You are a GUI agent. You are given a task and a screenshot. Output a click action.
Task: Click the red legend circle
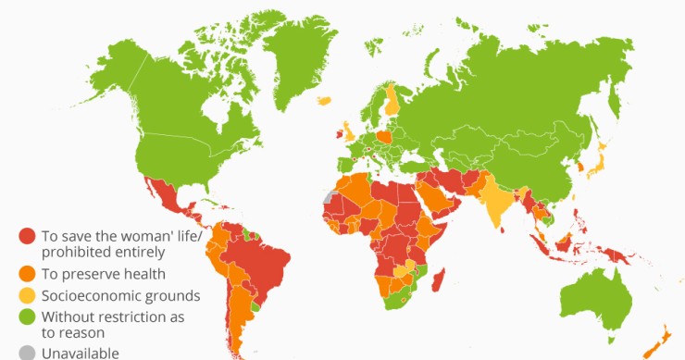[x=27, y=237]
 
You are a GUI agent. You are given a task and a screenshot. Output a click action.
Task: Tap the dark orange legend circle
[x=27, y=273]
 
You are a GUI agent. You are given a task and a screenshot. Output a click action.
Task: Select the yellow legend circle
[x=27, y=296]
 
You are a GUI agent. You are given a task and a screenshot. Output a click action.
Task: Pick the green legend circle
[x=27, y=318]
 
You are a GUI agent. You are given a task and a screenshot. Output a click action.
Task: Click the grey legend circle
[x=27, y=352]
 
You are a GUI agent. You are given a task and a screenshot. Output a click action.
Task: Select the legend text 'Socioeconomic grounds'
[x=120, y=296]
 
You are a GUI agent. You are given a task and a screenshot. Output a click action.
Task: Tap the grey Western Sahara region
[x=328, y=197]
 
